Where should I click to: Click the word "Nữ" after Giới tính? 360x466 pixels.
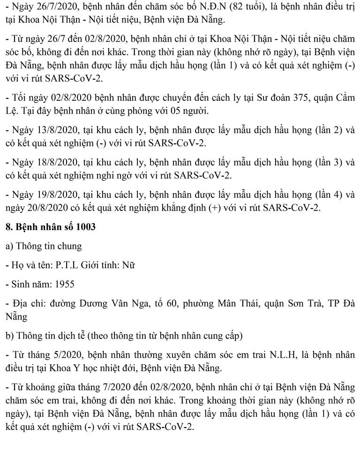click(128, 265)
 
